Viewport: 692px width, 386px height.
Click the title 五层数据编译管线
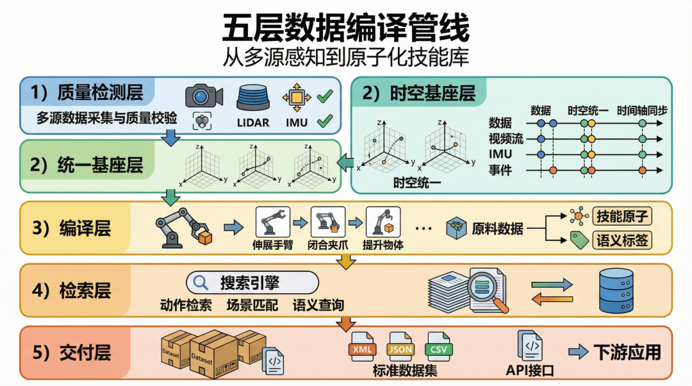click(x=345, y=29)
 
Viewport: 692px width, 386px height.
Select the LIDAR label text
click(x=253, y=122)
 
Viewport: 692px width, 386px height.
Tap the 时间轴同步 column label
click(x=642, y=110)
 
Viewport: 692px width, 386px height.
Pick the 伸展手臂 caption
click(x=273, y=244)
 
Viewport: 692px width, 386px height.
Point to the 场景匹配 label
click(x=252, y=305)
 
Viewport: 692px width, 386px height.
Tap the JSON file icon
click(x=400, y=346)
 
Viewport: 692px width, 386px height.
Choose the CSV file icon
click(x=438, y=346)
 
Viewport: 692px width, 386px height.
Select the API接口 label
click(x=530, y=371)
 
